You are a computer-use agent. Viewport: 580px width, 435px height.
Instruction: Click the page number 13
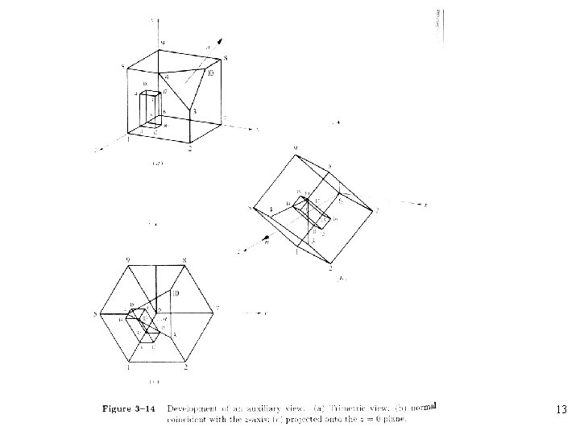click(x=561, y=410)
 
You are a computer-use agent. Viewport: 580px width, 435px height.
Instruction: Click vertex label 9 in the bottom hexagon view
click(x=129, y=259)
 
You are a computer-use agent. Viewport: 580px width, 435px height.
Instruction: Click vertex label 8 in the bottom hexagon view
click(x=184, y=259)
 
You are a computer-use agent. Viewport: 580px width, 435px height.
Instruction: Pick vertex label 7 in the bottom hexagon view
click(x=217, y=309)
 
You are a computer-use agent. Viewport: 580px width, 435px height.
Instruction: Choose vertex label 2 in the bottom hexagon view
click(x=186, y=367)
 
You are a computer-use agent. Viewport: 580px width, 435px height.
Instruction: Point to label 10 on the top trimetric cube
click(x=211, y=74)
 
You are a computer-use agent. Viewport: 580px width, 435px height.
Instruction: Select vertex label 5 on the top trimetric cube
click(x=122, y=66)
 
